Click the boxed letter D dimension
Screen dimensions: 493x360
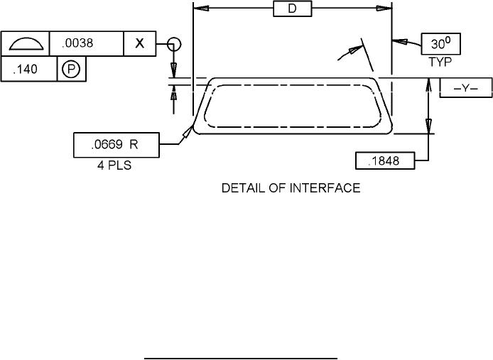tap(293, 9)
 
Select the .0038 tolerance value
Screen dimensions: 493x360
tap(77, 43)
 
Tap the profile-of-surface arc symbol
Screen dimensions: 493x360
tap(26, 44)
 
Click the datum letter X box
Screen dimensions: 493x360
tap(140, 43)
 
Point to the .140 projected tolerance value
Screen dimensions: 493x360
tap(25, 69)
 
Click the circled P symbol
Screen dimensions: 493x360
tap(71, 69)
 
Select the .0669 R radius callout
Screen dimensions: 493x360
tap(114, 145)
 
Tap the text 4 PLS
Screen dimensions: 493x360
tap(114, 165)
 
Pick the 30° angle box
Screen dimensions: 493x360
tap(441, 44)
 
